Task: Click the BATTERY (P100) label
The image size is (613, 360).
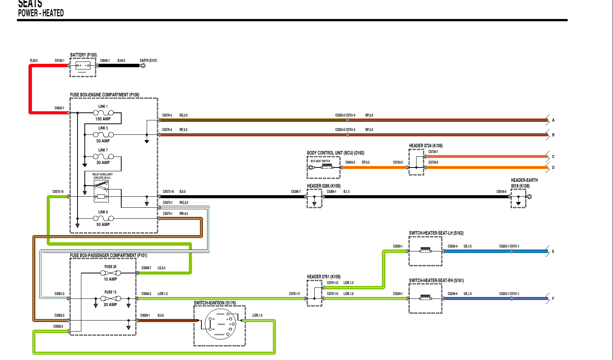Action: coord(83,55)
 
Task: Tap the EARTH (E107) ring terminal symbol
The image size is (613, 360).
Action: coord(143,65)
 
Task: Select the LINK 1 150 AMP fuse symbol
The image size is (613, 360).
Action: coord(103,113)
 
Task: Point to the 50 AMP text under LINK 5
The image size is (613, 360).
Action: coord(103,141)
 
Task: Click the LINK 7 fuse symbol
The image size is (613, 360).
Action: coord(103,156)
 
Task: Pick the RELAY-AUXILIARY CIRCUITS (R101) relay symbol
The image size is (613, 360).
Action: coord(101,191)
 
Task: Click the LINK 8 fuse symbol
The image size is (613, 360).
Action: coord(103,218)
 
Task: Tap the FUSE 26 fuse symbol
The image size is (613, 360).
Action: coord(111,273)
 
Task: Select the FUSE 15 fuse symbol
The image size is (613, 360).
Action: coord(111,298)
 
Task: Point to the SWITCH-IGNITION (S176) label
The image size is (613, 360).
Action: coord(215,303)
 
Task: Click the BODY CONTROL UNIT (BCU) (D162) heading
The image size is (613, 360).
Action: coord(335,153)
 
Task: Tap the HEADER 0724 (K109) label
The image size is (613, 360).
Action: coord(426,146)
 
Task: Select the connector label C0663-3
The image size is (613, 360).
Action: coord(350,163)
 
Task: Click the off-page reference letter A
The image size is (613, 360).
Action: coord(553,120)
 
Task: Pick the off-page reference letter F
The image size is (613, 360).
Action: coord(553,299)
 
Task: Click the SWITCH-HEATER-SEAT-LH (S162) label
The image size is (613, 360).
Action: coord(436,233)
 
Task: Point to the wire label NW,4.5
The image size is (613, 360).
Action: coord(184,214)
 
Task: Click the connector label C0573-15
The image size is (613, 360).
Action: coord(58,192)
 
